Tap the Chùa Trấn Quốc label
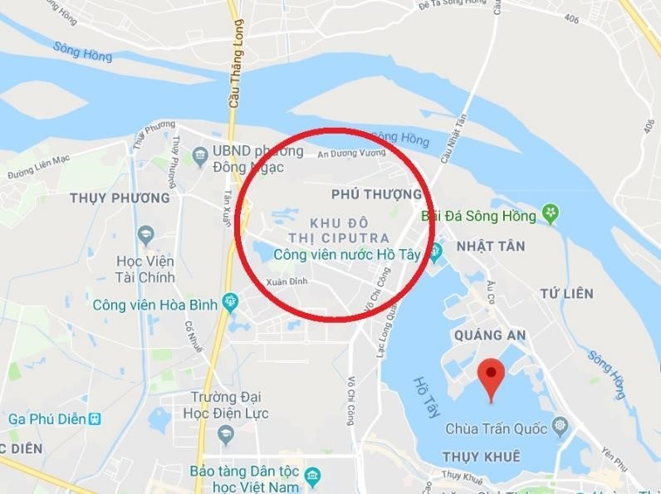496,429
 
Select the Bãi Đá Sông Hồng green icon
550,215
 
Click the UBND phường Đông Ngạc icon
199,154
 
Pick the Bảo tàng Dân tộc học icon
312,477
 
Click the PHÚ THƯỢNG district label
375,194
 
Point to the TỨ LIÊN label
566,294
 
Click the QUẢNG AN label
490,335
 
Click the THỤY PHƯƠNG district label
120,198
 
